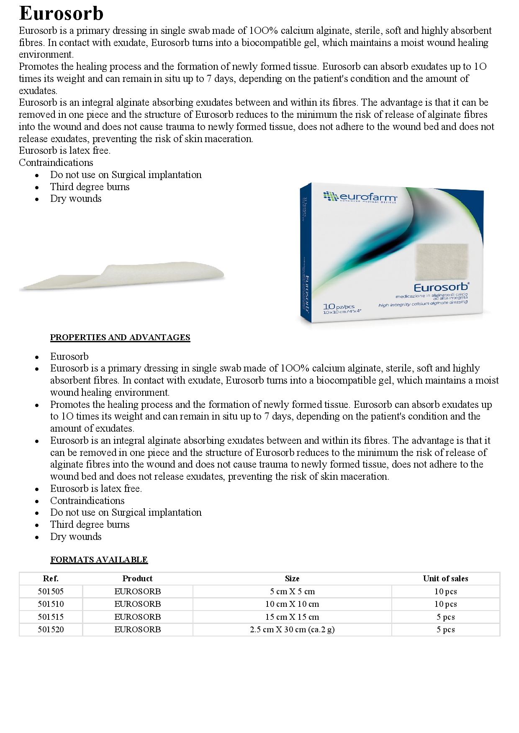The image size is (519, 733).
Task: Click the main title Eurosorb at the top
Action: coord(61,13)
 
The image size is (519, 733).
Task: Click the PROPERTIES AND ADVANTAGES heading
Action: coord(120,337)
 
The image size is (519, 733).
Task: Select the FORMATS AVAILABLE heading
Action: coord(99,560)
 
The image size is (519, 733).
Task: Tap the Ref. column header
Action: coord(51,578)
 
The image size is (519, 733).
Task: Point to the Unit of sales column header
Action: coord(445,578)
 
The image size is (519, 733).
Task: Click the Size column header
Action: coord(292,578)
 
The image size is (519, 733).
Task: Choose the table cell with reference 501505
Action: coord(51,591)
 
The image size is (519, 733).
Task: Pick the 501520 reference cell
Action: coord(51,629)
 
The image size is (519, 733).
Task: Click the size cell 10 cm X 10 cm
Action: coord(292,604)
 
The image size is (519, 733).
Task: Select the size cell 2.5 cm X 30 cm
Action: coord(292,629)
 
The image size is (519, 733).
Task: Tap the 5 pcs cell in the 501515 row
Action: coord(445,617)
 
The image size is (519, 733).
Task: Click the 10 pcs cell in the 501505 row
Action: coord(445,591)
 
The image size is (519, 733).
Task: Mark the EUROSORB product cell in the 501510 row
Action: coord(137,604)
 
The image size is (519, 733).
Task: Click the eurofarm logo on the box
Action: coord(361,197)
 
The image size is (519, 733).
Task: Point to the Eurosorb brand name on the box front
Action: coord(441,288)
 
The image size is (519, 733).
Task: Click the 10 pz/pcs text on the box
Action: coord(339,307)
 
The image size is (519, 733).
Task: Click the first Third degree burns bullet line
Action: coord(90,187)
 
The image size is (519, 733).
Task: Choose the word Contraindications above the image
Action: coord(56,163)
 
